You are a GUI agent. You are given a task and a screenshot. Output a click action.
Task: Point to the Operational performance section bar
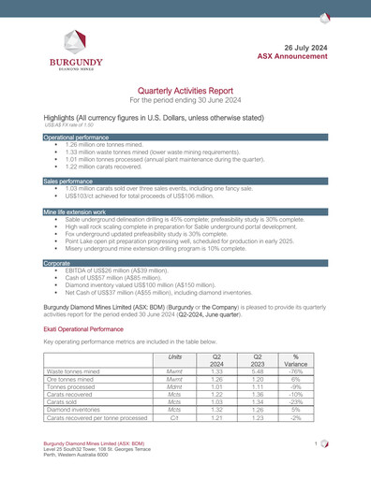[x=185, y=137]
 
